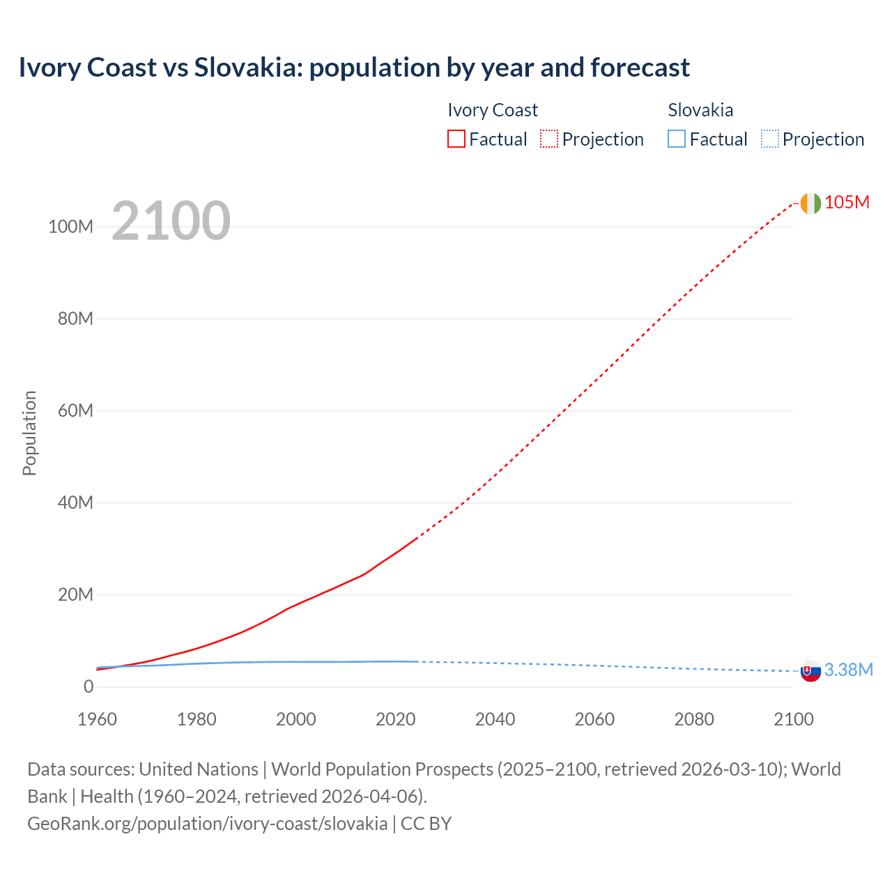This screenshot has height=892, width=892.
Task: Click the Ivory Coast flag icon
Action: pyautogui.click(x=810, y=203)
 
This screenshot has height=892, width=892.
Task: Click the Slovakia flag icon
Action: pyautogui.click(x=810, y=671)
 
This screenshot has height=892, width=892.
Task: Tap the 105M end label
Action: pyautogui.click(x=847, y=202)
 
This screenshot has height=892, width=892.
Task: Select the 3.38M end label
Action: pyautogui.click(x=848, y=670)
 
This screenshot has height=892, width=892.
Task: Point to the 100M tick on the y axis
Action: pyautogui.click(x=70, y=226)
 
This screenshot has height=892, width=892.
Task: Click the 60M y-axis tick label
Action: pyautogui.click(x=75, y=410)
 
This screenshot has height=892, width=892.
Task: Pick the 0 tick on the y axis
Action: pyautogui.click(x=89, y=686)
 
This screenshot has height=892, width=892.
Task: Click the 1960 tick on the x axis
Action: pyautogui.click(x=97, y=719)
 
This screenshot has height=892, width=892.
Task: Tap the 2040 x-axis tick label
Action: pyautogui.click(x=495, y=719)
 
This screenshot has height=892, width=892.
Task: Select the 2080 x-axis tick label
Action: pyautogui.click(x=694, y=719)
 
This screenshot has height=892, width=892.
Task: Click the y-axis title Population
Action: pyautogui.click(x=29, y=433)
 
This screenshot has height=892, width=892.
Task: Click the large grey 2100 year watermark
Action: pyautogui.click(x=171, y=221)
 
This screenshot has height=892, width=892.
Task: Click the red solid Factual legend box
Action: pyautogui.click(x=456, y=139)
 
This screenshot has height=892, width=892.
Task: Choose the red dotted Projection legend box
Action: pyautogui.click(x=549, y=139)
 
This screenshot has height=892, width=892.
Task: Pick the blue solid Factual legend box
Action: pyautogui.click(x=677, y=139)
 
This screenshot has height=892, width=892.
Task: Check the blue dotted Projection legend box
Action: pyautogui.click(x=770, y=139)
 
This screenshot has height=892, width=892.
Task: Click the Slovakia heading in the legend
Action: pyautogui.click(x=700, y=110)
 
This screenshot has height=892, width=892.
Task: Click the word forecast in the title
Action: pyautogui.click(x=640, y=68)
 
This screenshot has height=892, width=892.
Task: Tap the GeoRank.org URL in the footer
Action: pyautogui.click(x=207, y=823)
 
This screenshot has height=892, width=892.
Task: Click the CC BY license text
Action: pyautogui.click(x=426, y=823)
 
